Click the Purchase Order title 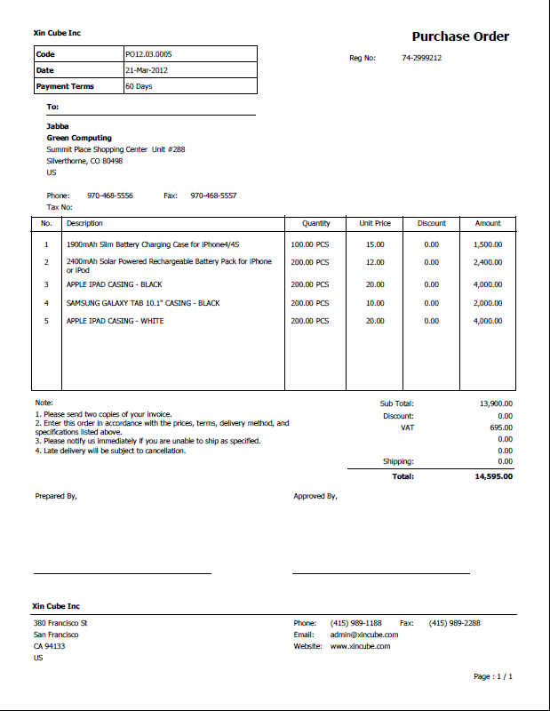pos(460,36)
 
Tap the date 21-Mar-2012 pos(147,70)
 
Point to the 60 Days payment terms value pos(139,86)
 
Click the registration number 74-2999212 pos(421,58)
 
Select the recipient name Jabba pos(57,126)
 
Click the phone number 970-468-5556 pos(110,196)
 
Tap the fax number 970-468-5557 pos(213,196)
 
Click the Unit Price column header pos(375,223)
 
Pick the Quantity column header pos(315,223)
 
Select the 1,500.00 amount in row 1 pos(488,244)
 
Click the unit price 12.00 pos(375,262)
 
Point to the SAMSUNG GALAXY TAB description pos(143,303)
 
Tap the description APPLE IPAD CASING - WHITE pos(115,321)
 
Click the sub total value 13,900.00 pos(496,403)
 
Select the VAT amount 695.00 pos(501,427)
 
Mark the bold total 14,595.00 pos(493,476)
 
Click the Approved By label pos(315,496)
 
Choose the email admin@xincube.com pos(364,635)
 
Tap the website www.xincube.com pos(360,646)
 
